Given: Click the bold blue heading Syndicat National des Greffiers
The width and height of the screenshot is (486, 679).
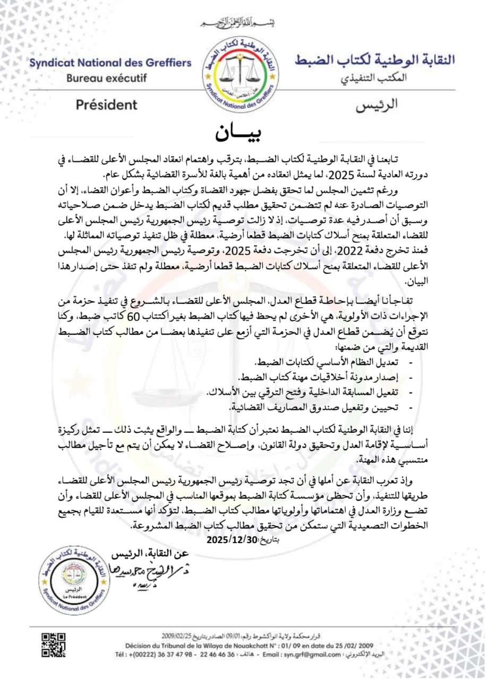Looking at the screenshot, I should click(110, 63).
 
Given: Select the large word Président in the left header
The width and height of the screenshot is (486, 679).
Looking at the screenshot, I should click(106, 105).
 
